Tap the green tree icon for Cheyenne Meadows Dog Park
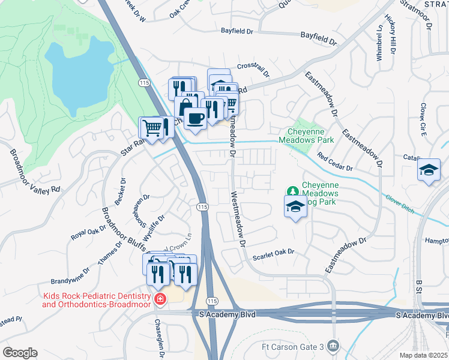292,191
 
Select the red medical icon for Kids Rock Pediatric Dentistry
159,298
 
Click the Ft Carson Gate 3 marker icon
334,346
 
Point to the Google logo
20,353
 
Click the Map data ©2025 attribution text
423,355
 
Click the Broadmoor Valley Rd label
35,170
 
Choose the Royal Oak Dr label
88,228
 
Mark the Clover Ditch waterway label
402,200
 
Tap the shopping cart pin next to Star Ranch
152,127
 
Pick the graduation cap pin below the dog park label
295,207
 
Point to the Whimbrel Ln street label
379,41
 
